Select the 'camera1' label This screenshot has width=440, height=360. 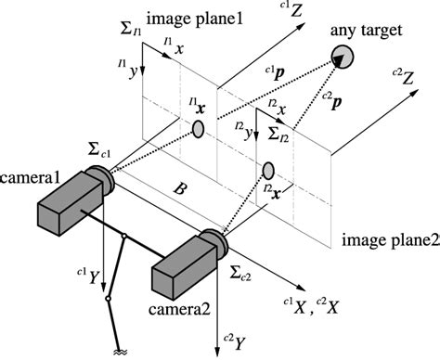[x=31, y=176]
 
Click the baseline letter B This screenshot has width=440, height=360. [x=182, y=188]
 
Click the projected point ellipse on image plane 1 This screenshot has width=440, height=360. [x=198, y=129]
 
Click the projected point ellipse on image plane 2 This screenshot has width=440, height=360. [x=268, y=170]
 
